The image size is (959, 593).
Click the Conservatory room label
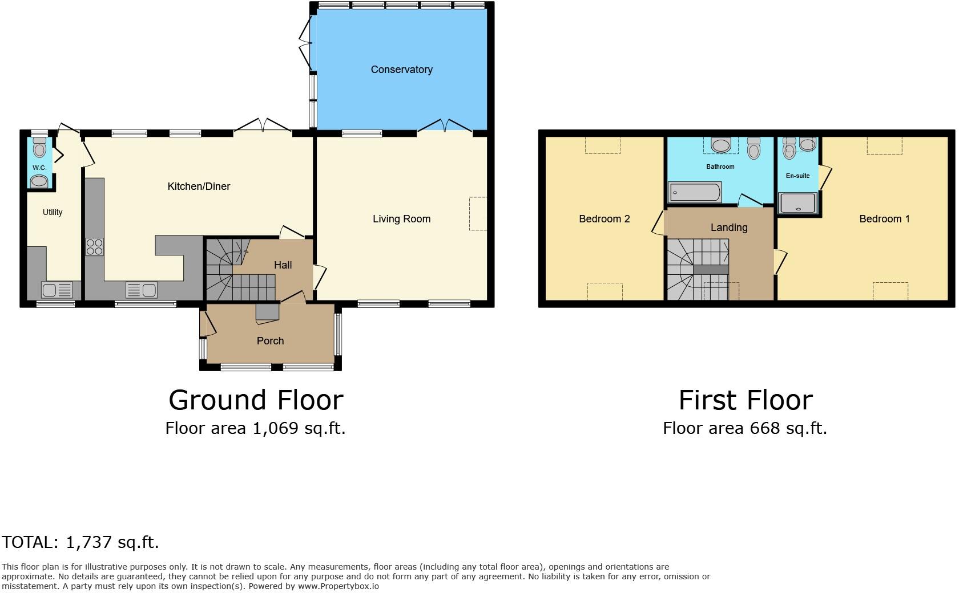click(401, 70)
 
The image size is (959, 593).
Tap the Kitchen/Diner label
click(199, 186)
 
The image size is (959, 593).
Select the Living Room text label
click(401, 219)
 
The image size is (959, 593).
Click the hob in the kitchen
click(95, 247)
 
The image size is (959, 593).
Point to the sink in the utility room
click(57, 290)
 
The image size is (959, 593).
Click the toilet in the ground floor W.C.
click(39, 148)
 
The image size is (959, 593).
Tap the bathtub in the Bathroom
click(695, 192)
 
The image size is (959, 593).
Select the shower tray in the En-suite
click(798, 203)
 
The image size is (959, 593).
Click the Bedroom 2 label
click(604, 219)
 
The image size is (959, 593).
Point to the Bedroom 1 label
click(884, 219)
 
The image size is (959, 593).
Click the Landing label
click(729, 228)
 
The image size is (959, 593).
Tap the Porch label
click(270, 341)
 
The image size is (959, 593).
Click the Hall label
click(283, 265)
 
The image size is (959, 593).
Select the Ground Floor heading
click(256, 400)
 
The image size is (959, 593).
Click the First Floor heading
click(745, 400)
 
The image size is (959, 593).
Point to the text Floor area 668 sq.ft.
click(745, 428)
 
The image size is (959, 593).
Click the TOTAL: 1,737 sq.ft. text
click(80, 542)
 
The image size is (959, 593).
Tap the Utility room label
click(53, 212)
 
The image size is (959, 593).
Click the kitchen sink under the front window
click(142, 290)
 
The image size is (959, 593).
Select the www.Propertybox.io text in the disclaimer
click(338, 586)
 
